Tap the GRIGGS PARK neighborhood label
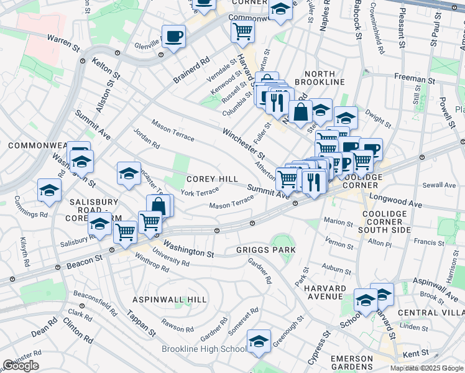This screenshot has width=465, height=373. pos(265,250)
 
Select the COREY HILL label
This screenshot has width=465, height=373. pos(212,179)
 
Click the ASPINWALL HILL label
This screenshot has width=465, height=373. pos(169,300)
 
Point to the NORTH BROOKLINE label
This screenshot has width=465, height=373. pos(320,78)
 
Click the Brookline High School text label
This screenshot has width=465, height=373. pos(203,349)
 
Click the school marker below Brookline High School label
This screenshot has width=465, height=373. pos(259,341)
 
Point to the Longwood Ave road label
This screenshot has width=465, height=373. pos(395,199)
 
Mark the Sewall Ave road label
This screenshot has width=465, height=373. pos(439,185)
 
